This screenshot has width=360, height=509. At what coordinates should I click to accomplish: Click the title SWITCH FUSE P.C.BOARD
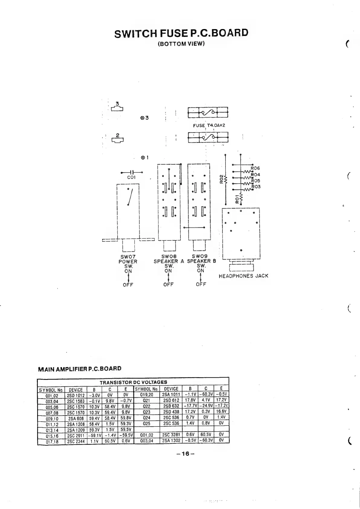click(181, 33)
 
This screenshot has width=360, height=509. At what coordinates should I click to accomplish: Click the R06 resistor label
click(255, 168)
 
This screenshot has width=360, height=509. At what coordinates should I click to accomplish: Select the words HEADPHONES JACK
click(243, 276)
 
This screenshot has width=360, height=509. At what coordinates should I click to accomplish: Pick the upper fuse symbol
click(208, 113)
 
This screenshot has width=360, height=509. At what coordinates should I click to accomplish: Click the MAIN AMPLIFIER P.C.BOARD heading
click(80, 369)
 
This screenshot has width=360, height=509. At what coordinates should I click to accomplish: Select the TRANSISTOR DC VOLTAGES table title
click(133, 382)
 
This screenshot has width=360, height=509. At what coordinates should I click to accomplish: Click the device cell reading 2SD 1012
click(76, 396)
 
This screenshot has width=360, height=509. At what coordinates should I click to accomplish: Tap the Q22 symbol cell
click(146, 406)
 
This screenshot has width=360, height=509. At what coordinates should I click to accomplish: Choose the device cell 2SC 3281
click(171, 435)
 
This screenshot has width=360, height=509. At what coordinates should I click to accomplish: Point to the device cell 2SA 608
click(76, 419)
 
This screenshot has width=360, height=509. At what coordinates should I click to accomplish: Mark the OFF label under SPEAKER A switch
click(168, 285)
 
